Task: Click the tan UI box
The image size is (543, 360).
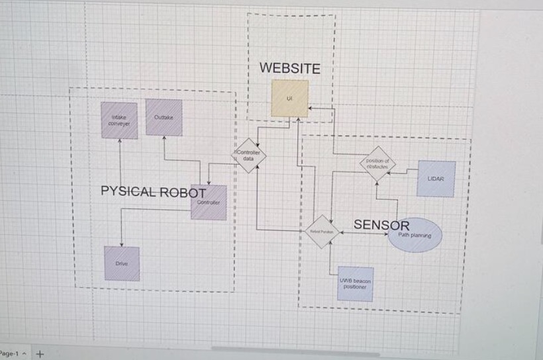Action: point(289,98)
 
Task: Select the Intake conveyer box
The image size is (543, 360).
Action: point(119,120)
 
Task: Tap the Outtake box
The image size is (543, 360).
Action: point(164,117)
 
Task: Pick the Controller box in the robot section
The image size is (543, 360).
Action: point(209,202)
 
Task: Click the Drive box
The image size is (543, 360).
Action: point(122,263)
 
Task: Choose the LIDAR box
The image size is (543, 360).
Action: point(436,179)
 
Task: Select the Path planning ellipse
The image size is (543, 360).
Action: point(415,235)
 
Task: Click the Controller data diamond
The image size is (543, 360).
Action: point(248,156)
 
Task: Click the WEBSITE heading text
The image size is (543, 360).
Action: point(289,68)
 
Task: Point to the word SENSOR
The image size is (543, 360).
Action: point(381,225)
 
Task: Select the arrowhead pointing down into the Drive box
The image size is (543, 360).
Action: point(121,244)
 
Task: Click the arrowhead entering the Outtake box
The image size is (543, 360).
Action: point(164,138)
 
